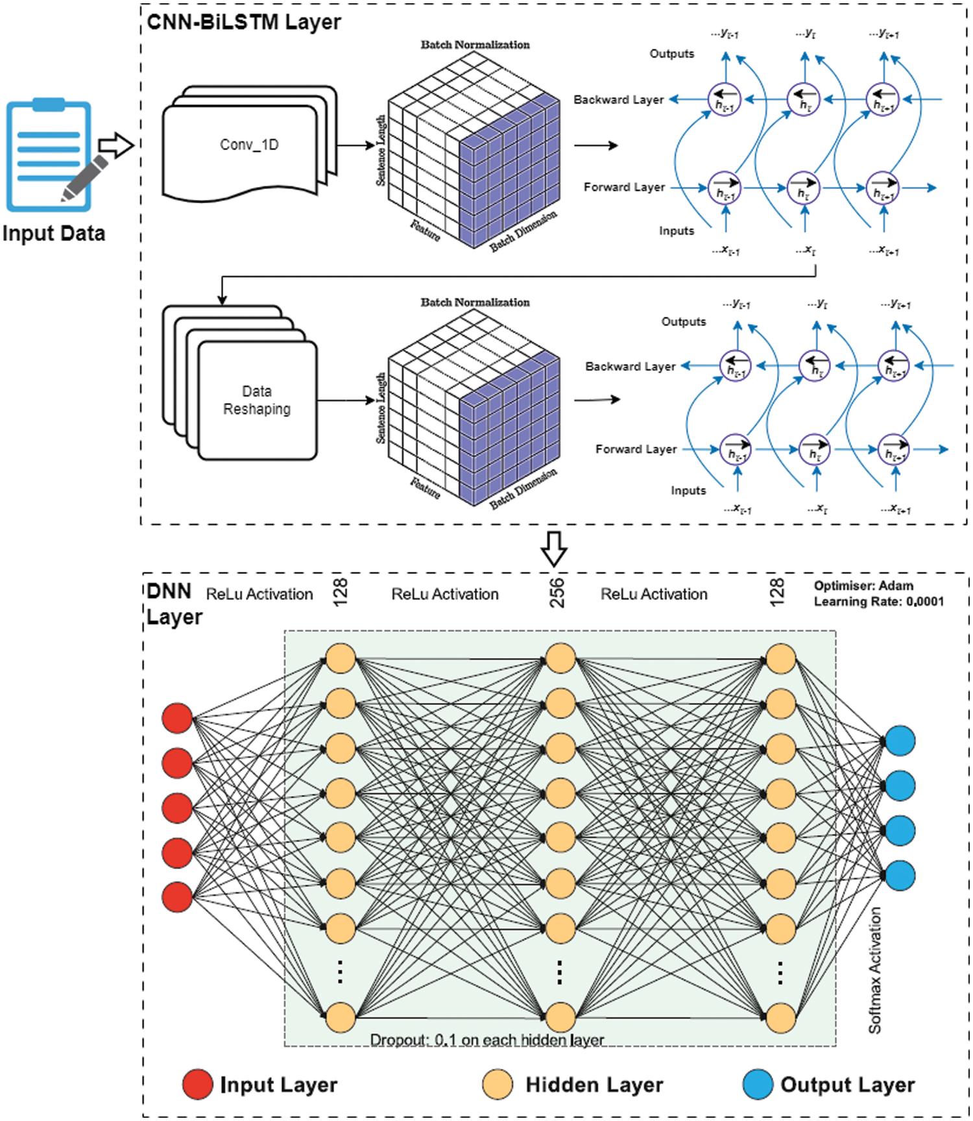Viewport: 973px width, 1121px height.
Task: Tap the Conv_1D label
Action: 249,145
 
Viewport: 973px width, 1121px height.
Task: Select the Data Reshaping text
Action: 257,400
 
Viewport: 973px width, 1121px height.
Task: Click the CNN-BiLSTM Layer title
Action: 243,21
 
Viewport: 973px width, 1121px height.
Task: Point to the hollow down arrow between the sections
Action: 554,548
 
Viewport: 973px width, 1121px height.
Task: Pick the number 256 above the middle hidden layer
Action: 557,592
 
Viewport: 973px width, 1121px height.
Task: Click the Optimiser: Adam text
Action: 863,585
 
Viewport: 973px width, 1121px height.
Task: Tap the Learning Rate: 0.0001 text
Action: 878,602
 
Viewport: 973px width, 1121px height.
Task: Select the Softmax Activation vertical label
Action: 875,970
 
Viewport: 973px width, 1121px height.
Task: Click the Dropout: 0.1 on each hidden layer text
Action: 486,1040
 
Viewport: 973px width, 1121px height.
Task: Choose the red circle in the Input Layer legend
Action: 197,1084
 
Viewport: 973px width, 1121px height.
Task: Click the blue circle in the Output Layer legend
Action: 757,1084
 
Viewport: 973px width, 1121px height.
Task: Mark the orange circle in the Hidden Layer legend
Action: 498,1084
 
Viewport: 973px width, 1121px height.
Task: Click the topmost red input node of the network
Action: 177,718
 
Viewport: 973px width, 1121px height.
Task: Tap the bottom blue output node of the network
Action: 900,875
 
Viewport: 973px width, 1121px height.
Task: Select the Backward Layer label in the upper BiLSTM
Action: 618,99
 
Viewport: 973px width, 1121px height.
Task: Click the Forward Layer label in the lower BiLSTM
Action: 636,449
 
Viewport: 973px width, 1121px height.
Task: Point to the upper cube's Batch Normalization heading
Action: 475,44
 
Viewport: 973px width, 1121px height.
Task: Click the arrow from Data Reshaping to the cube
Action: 345,400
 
